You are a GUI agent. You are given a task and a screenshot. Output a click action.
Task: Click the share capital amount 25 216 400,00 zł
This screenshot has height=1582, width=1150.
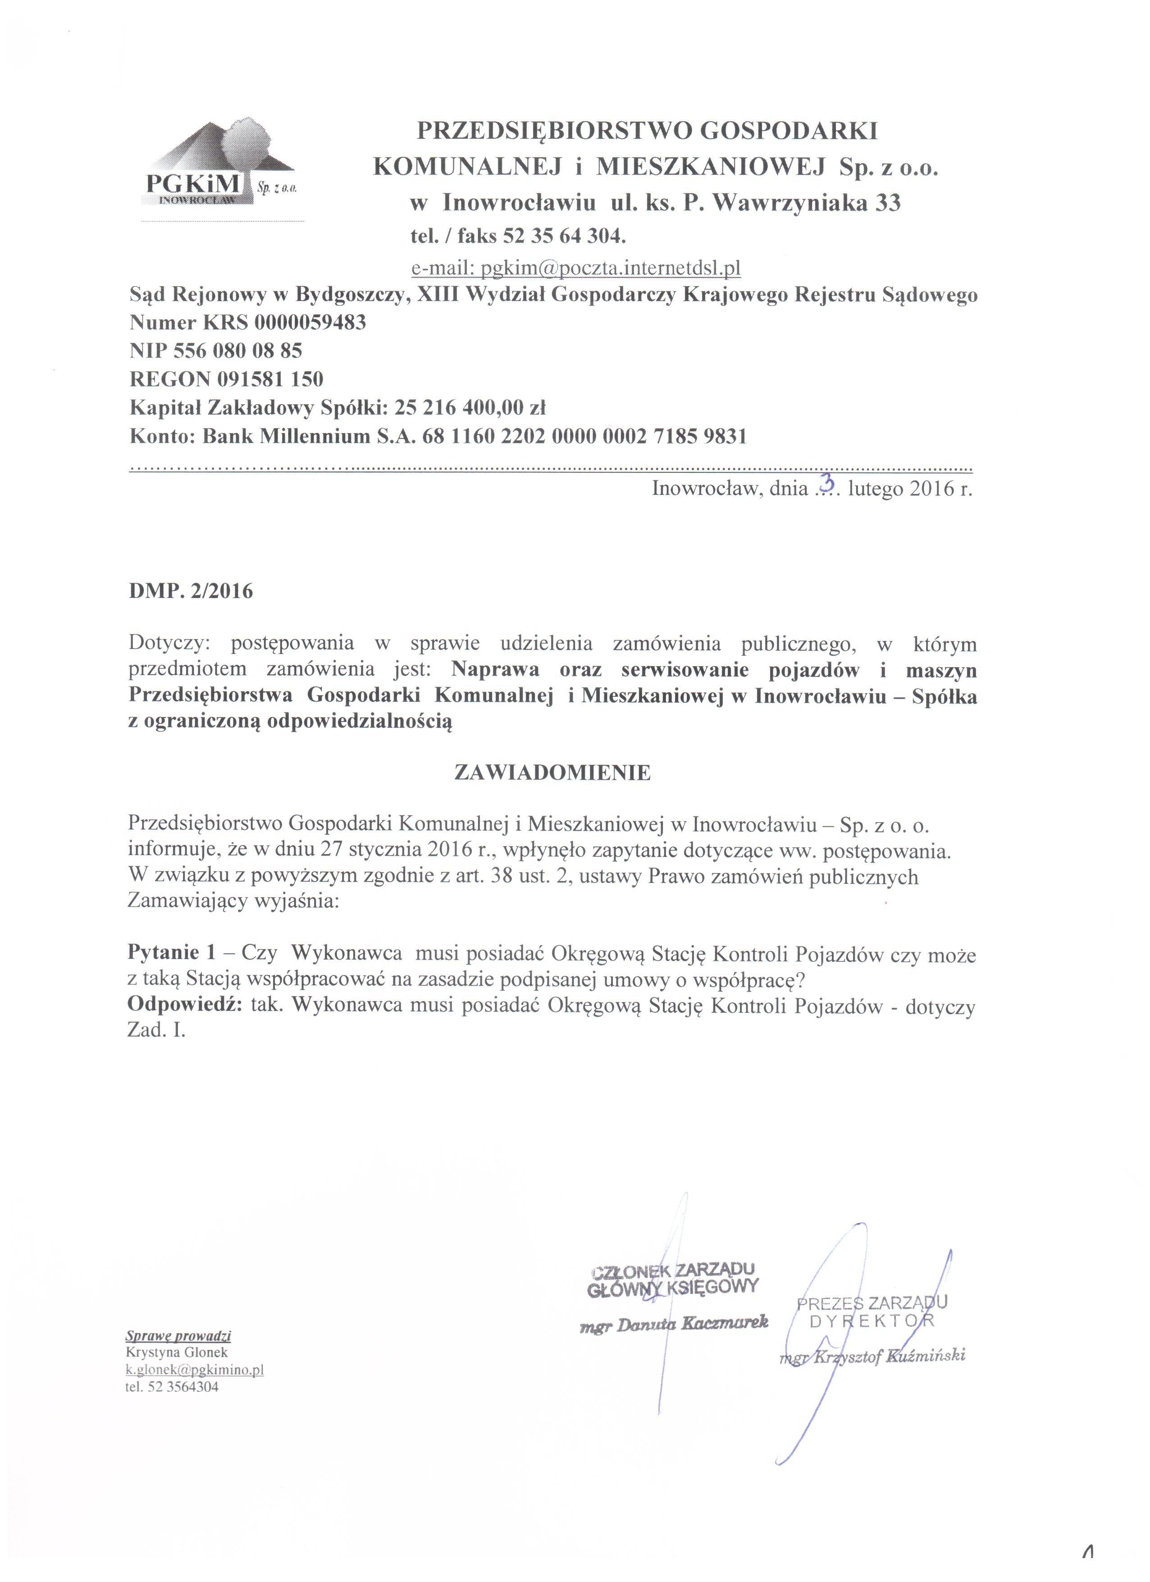tap(470, 407)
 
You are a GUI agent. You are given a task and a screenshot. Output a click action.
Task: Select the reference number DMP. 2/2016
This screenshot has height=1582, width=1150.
tap(191, 591)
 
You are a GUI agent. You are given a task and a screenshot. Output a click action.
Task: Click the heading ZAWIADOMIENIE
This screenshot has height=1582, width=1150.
tap(552, 773)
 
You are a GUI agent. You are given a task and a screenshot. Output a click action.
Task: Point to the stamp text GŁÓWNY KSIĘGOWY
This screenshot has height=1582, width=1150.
tap(672, 1288)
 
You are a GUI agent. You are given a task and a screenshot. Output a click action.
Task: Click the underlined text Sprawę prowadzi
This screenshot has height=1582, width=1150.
tap(178, 1336)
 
